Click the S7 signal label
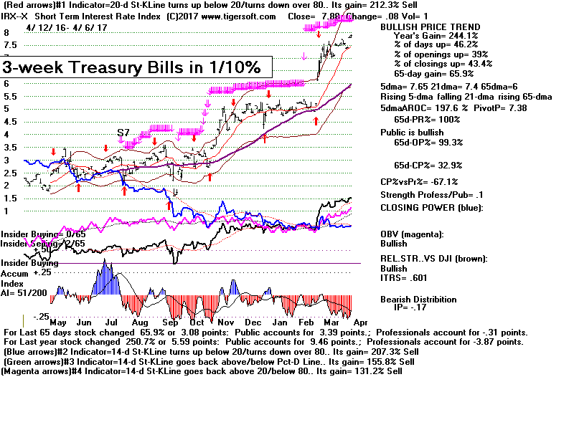pyautogui.click(x=123, y=133)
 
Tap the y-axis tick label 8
pyautogui.click(x=6, y=33)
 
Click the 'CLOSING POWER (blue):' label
pyautogui.click(x=431, y=208)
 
